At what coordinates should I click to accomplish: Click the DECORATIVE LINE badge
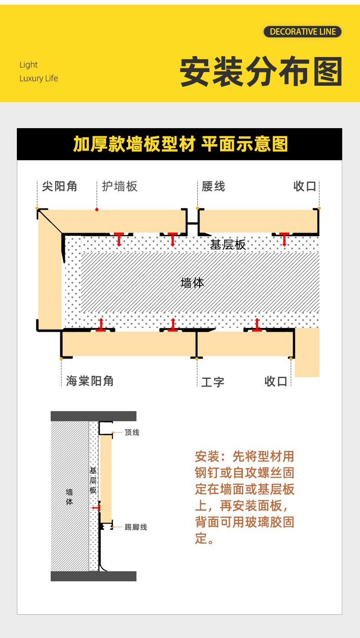click(303, 31)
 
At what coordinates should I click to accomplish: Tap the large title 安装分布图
click(261, 72)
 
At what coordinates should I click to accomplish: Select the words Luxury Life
click(39, 78)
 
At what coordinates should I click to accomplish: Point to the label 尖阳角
click(60, 186)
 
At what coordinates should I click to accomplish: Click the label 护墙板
click(119, 186)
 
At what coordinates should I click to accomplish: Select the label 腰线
click(213, 186)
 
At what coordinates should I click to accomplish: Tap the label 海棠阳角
click(90, 381)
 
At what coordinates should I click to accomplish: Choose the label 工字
click(213, 382)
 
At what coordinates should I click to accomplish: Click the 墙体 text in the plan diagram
click(192, 283)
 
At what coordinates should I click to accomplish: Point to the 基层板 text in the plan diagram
click(228, 245)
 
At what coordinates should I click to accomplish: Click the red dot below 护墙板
click(97, 209)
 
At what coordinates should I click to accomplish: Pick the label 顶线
click(132, 432)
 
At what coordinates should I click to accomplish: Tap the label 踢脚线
click(136, 527)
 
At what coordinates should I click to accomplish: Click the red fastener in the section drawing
click(96, 508)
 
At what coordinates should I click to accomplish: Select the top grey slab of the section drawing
click(93, 416)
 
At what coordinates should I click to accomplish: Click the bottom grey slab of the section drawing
click(93, 576)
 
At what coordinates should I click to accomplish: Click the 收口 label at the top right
click(305, 186)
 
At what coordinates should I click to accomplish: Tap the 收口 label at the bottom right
click(276, 381)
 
